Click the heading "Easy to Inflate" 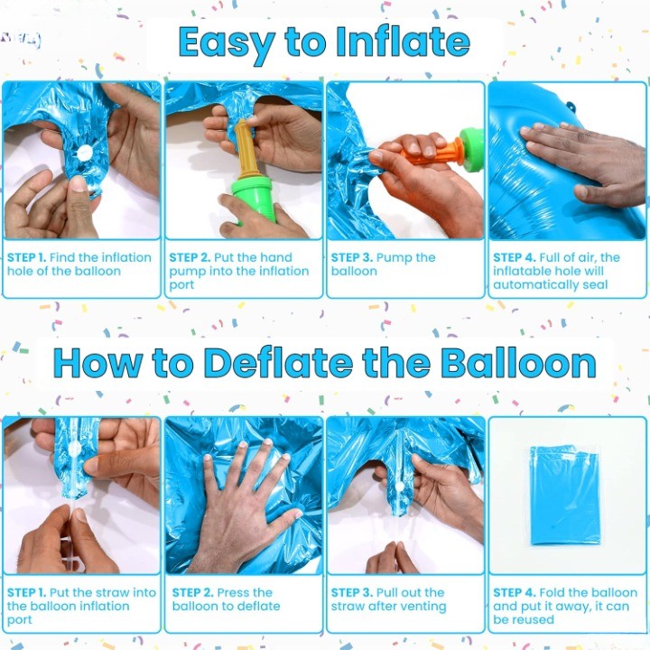(x=324, y=42)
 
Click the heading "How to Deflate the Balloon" (x=324, y=362)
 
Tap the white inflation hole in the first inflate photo (x=84, y=153)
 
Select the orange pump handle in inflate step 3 (x=432, y=151)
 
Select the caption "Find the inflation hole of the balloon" (x=79, y=265)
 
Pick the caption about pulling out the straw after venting (x=388, y=599)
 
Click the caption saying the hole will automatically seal (x=556, y=271)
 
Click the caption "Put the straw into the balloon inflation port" (x=81, y=606)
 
